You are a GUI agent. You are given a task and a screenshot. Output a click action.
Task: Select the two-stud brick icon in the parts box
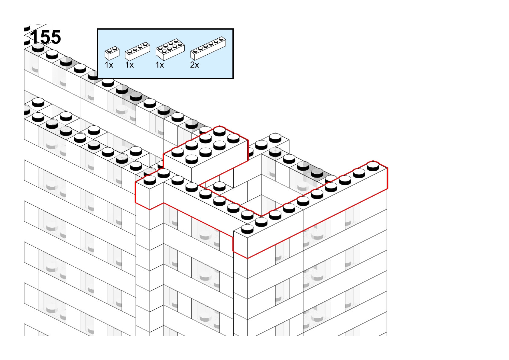click(x=112, y=53)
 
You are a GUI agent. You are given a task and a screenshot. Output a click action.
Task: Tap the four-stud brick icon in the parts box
click(x=138, y=51)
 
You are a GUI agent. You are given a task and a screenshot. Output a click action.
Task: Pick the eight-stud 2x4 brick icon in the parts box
click(x=170, y=50)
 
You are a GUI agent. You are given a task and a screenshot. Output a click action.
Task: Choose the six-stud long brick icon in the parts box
click(x=208, y=48)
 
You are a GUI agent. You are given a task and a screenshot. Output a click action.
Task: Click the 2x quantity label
click(x=195, y=65)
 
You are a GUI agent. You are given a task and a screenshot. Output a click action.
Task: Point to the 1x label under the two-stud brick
click(x=109, y=65)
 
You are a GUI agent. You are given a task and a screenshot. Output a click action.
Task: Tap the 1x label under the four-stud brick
click(x=130, y=65)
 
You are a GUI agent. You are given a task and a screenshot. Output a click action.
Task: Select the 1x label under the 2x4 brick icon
click(x=160, y=65)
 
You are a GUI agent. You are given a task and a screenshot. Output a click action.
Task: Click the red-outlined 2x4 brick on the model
click(x=206, y=150)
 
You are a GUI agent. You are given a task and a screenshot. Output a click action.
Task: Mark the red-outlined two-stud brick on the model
click(x=150, y=188)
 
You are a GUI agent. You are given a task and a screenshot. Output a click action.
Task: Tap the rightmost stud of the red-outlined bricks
click(x=373, y=166)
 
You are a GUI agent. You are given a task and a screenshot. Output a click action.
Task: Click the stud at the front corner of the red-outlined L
click(x=247, y=229)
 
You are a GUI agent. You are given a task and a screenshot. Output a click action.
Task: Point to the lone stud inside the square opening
click(x=219, y=186)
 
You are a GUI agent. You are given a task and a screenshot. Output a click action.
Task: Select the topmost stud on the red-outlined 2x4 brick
click(x=219, y=131)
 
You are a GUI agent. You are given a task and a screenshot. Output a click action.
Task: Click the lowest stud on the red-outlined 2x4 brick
click(x=192, y=159)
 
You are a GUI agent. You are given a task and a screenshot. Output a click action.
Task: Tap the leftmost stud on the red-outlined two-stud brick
click(x=150, y=180)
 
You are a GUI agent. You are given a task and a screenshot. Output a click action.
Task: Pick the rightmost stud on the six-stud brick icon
click(x=221, y=39)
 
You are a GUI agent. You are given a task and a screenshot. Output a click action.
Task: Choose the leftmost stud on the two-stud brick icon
click(x=110, y=50)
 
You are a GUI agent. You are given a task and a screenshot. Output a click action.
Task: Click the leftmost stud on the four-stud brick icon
click(x=130, y=51)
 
